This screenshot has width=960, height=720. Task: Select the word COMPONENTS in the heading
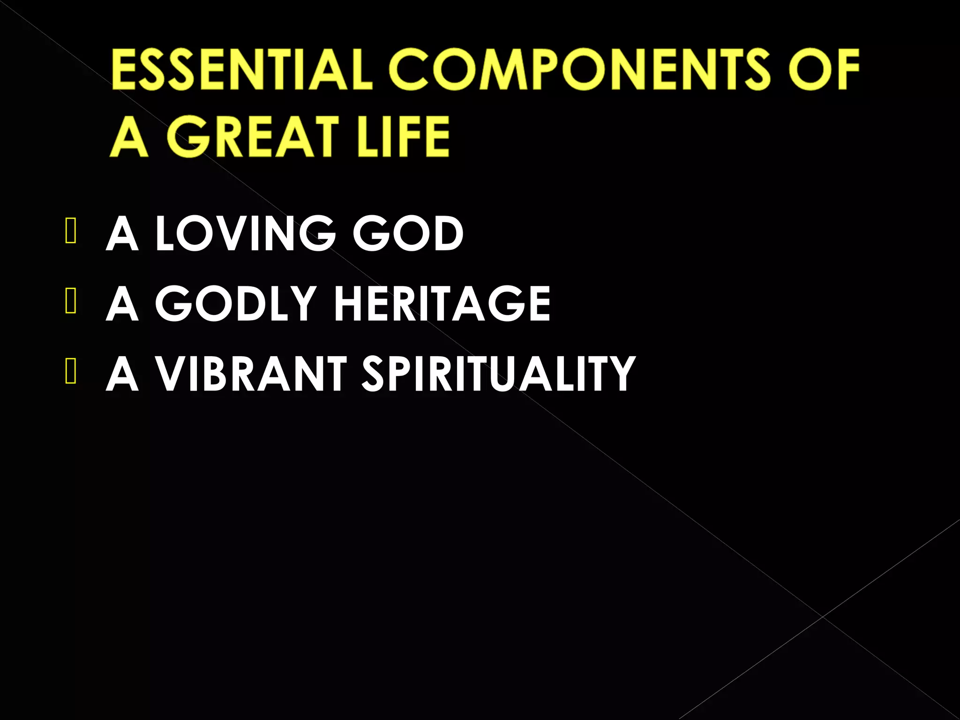(580, 69)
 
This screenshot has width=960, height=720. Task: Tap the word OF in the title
(824, 69)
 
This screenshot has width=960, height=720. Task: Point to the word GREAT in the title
(253, 137)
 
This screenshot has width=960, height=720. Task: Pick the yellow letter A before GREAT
(129, 137)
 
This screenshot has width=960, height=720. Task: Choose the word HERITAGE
(442, 304)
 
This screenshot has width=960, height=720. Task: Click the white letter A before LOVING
(122, 233)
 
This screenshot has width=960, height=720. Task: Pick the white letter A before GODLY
(122, 304)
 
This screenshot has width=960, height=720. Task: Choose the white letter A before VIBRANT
(122, 374)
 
